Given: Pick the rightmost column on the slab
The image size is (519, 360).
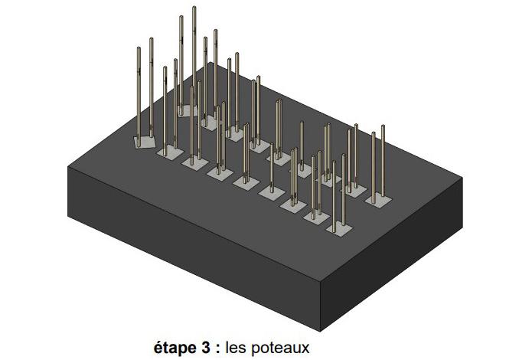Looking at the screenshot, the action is coord(383,161).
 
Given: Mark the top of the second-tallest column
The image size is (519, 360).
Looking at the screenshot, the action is coord(181,18).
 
